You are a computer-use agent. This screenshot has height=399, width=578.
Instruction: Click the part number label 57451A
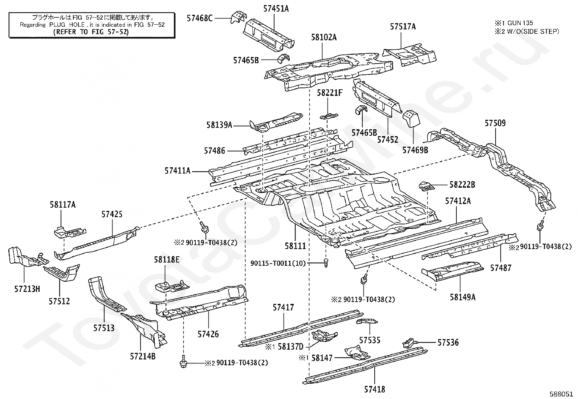(x=276, y=9)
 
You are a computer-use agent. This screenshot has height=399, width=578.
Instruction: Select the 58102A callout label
(x=324, y=37)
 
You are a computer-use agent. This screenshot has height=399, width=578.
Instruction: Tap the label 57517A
(x=403, y=27)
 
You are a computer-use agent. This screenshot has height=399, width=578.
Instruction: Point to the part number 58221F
(x=330, y=93)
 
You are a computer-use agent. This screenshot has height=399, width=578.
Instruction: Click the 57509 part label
(x=495, y=123)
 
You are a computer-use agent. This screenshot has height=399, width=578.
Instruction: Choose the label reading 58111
(x=295, y=246)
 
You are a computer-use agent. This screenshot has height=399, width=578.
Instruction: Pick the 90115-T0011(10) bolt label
(x=278, y=263)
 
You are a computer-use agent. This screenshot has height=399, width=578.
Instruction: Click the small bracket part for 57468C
(x=239, y=17)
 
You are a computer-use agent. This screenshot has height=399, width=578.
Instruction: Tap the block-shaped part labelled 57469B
(x=411, y=119)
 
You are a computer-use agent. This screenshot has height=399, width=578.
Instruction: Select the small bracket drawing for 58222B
(x=426, y=186)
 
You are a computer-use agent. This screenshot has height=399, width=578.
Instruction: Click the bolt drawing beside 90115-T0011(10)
(x=326, y=263)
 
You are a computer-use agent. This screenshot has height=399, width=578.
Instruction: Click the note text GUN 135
(x=520, y=23)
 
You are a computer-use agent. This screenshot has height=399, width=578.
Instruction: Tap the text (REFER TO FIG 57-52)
(x=90, y=32)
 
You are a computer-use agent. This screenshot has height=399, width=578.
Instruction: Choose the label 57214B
(x=143, y=357)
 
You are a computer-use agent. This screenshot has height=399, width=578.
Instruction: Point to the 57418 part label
(x=374, y=389)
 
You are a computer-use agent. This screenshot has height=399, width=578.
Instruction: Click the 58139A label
(x=219, y=125)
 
